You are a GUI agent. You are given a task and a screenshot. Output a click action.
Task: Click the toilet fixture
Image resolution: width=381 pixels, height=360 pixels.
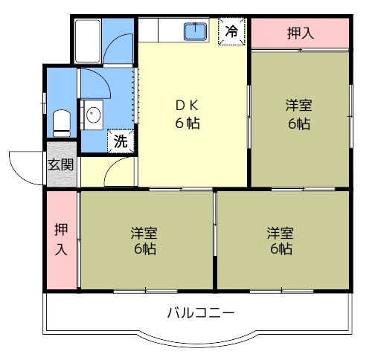pos(62,123)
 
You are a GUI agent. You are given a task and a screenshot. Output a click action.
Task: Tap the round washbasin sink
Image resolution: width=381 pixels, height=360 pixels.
pos(94,115)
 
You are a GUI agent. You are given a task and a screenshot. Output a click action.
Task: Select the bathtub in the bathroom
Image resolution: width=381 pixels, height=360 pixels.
pos(88,41)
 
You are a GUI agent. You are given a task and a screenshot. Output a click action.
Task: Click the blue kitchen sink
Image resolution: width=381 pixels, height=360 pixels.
pos(196,31)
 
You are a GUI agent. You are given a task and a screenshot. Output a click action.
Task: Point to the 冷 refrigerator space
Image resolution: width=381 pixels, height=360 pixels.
pos(231,31)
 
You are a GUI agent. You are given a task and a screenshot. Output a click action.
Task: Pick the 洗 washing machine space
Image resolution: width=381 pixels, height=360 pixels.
pos(121,141)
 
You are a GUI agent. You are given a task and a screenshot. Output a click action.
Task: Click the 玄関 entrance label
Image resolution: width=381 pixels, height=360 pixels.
pos(61,164)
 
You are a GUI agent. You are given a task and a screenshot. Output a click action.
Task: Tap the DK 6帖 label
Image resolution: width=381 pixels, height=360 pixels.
pos(188,115)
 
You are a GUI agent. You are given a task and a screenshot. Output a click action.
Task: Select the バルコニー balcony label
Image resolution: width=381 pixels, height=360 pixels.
pos(201,313)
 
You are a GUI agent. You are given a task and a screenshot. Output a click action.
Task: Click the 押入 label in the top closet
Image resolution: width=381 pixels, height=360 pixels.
pos(301,33)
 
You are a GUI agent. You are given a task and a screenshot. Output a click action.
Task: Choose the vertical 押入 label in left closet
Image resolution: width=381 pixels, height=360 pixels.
pos(61,239)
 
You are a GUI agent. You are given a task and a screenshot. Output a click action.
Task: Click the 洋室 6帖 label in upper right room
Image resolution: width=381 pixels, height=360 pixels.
pos(298,115)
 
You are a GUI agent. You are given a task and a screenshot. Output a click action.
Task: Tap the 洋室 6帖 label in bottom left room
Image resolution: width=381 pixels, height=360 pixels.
pos(144,240)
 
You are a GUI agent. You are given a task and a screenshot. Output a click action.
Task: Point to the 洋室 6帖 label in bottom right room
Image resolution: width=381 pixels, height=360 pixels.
pos(281,240)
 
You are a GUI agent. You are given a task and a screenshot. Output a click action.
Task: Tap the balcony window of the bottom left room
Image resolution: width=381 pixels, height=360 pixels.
pos(146,292)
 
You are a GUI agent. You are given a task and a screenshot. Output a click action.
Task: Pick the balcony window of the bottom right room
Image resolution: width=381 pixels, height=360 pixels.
pos(282,292)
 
